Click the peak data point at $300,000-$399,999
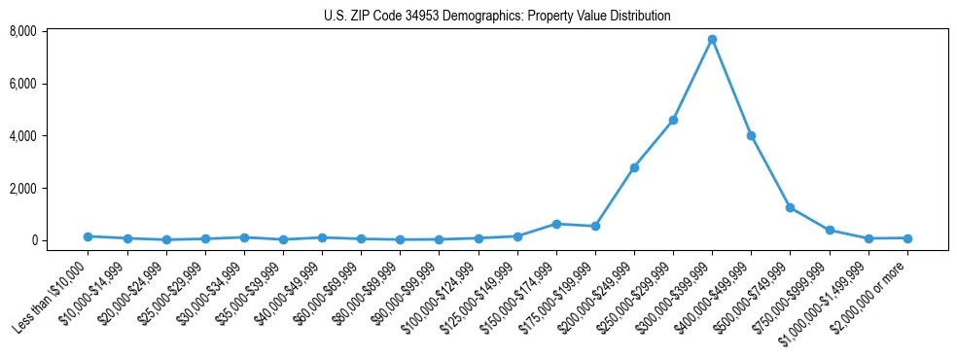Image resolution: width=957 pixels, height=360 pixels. [x=712, y=39]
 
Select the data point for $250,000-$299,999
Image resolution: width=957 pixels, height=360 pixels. [x=673, y=120]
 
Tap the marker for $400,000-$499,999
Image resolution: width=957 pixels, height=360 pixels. [x=751, y=135]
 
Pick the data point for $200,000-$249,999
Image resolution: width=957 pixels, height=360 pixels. [x=634, y=167]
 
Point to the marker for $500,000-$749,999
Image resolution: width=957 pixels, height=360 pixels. [x=790, y=207]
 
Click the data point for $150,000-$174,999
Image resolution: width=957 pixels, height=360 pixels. [x=556, y=224]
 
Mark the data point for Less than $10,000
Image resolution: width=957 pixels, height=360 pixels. [x=88, y=236]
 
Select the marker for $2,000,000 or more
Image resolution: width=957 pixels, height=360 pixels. [x=907, y=237]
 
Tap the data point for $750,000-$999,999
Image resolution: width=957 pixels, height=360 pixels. [x=830, y=230]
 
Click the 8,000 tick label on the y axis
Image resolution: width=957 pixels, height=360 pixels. [x=23, y=31]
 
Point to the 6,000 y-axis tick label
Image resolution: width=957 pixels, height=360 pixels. [x=23, y=84]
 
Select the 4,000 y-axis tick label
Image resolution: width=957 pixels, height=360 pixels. [x=23, y=136]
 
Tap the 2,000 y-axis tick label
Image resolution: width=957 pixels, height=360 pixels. [x=23, y=188]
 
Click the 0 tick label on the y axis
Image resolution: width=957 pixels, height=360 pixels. [x=33, y=240]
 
